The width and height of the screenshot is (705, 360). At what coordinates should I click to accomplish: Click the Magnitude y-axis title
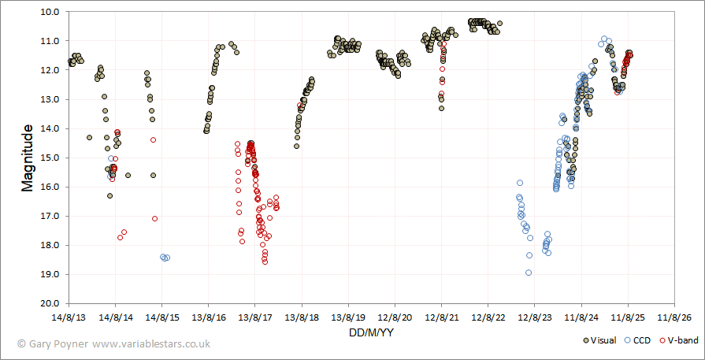point(28,158)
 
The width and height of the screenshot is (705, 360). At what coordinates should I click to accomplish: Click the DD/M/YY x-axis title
point(372,333)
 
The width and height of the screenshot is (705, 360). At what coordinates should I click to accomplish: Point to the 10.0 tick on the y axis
point(56,12)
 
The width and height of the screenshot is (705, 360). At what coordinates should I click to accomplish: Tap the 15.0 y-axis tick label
point(56,158)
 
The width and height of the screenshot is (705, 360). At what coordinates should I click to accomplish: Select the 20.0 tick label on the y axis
point(56,303)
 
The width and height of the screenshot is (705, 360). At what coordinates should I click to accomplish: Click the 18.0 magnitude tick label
point(56,245)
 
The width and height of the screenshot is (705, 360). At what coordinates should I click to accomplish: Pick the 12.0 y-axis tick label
point(56,70)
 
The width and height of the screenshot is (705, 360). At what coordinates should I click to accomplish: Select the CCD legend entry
point(639,340)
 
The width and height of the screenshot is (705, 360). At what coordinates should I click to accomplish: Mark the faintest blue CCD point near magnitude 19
point(529,273)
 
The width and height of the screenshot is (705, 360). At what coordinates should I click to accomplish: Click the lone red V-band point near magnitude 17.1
point(154,218)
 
